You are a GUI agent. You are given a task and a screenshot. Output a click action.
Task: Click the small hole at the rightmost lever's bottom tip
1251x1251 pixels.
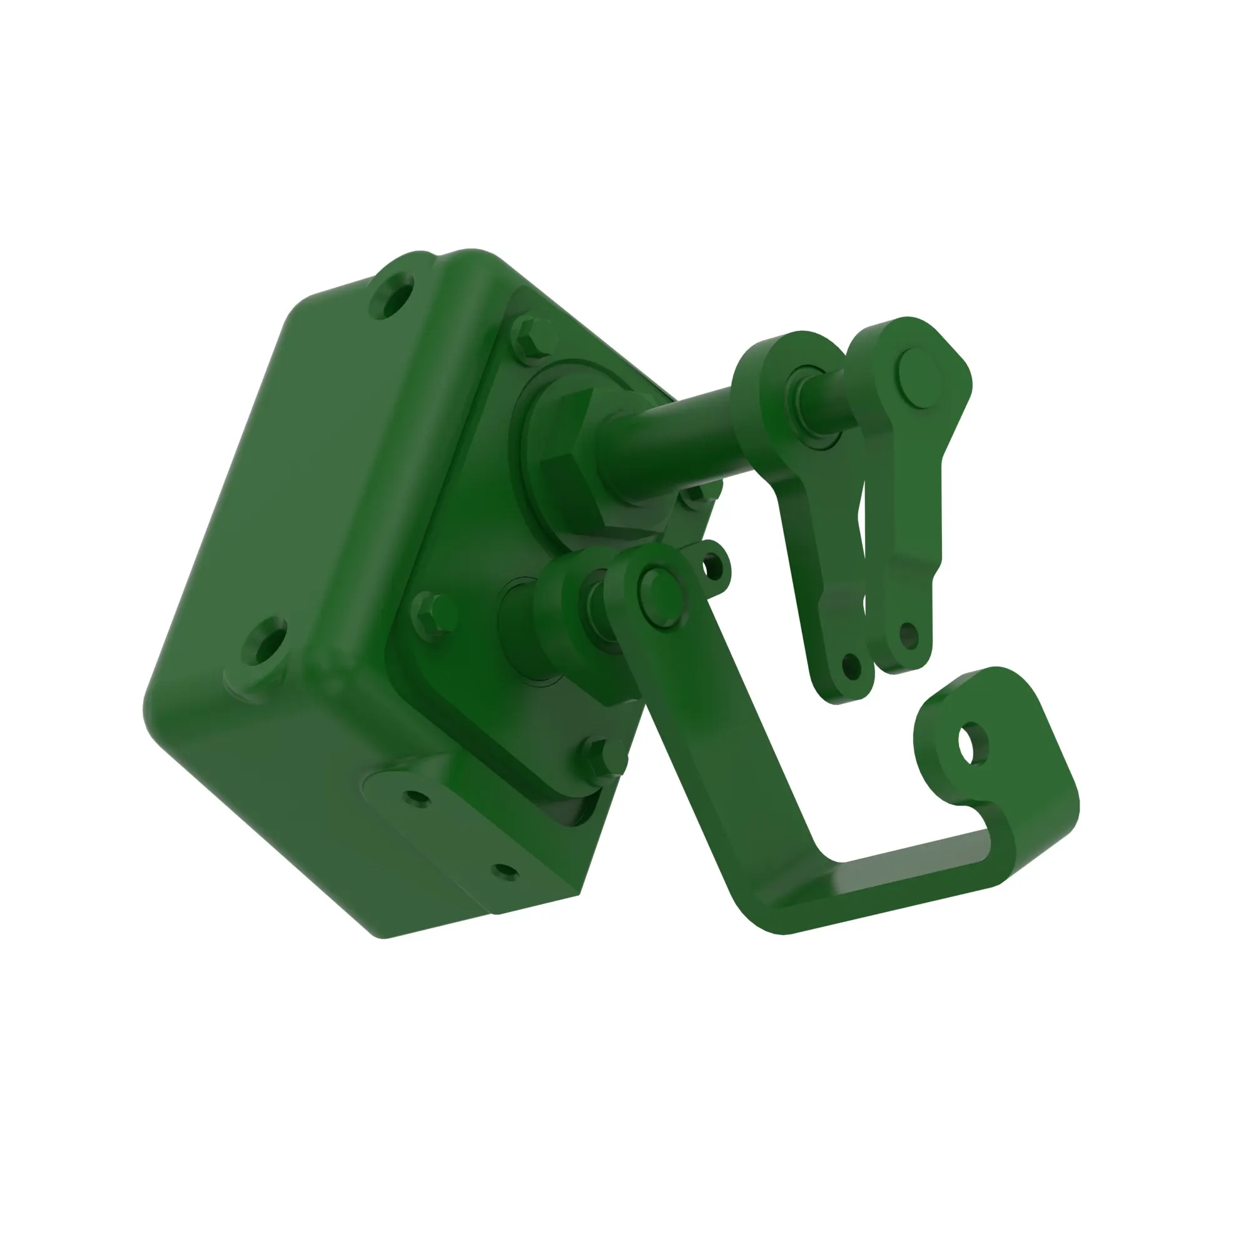click(x=908, y=637)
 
